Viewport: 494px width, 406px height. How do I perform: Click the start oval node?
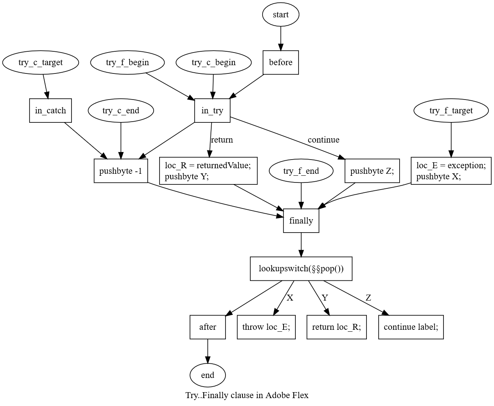pos(280,15)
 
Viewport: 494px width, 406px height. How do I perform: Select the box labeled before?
pos(281,62)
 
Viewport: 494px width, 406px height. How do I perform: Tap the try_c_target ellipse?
pos(41,62)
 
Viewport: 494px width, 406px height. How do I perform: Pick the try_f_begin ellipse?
pos(128,62)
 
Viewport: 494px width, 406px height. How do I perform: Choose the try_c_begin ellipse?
pos(214,62)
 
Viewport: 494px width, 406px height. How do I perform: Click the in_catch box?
pos(51,110)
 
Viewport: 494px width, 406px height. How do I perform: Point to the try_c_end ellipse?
pos(121,110)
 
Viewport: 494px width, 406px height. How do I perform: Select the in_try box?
pos(212,110)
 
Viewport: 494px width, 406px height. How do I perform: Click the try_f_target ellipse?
pos(451,110)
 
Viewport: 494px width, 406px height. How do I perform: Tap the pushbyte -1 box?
pos(121,171)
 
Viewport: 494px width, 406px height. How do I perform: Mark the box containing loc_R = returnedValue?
pos(208,171)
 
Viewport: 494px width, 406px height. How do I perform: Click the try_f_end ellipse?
pos(301,171)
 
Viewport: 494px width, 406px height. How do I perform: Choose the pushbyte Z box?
pos(372,171)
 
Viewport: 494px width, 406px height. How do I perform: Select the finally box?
pos(301,221)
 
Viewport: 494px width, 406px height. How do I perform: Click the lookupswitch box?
pos(301,269)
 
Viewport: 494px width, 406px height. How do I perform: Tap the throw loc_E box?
pos(266,327)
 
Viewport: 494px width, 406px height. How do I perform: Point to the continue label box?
pos(411,327)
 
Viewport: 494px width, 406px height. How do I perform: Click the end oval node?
pos(208,375)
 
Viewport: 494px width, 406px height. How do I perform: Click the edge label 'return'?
pos(222,140)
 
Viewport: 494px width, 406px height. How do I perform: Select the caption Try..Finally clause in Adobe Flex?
pos(247,395)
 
